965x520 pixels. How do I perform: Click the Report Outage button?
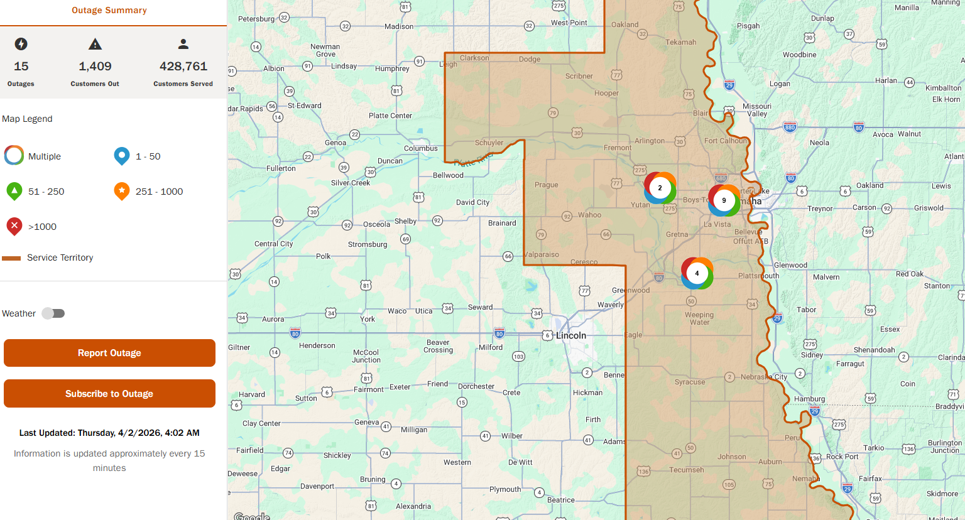109,353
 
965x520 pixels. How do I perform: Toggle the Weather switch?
53,313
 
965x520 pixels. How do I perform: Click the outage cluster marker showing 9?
724,200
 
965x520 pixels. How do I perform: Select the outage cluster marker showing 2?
660,188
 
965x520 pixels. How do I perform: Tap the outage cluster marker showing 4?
697,273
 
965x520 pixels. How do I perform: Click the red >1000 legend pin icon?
14,226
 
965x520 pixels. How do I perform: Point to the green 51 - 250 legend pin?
14,191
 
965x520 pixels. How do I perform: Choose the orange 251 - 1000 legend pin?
122,191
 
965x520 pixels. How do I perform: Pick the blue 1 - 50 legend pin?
122,156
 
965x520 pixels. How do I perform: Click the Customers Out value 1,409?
95,67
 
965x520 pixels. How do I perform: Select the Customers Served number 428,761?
183,67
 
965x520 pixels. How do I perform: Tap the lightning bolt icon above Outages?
21,44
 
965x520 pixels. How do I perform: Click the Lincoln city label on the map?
570,336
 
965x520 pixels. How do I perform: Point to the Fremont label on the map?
617,148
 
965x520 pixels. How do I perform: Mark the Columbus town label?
420,149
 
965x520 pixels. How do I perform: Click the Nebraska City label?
763,377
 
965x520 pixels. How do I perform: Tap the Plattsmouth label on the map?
758,276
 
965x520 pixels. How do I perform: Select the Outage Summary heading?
109,10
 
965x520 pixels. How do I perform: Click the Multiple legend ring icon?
14,155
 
